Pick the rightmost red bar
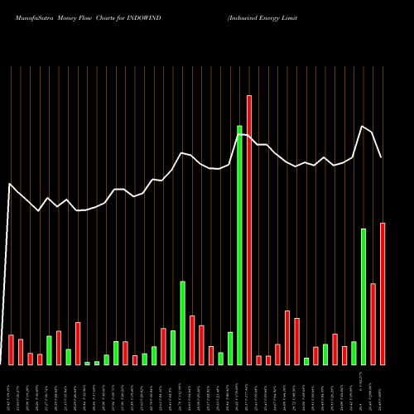click(x=383, y=294)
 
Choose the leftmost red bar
click(x=11, y=349)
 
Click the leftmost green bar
click(x=49, y=350)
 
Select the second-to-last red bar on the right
click(x=373, y=324)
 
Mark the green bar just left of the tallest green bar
click(x=230, y=348)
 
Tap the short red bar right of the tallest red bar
click(x=259, y=359)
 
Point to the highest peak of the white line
click(x=363, y=126)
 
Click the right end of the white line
click(x=382, y=157)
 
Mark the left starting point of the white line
click(x=10, y=185)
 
